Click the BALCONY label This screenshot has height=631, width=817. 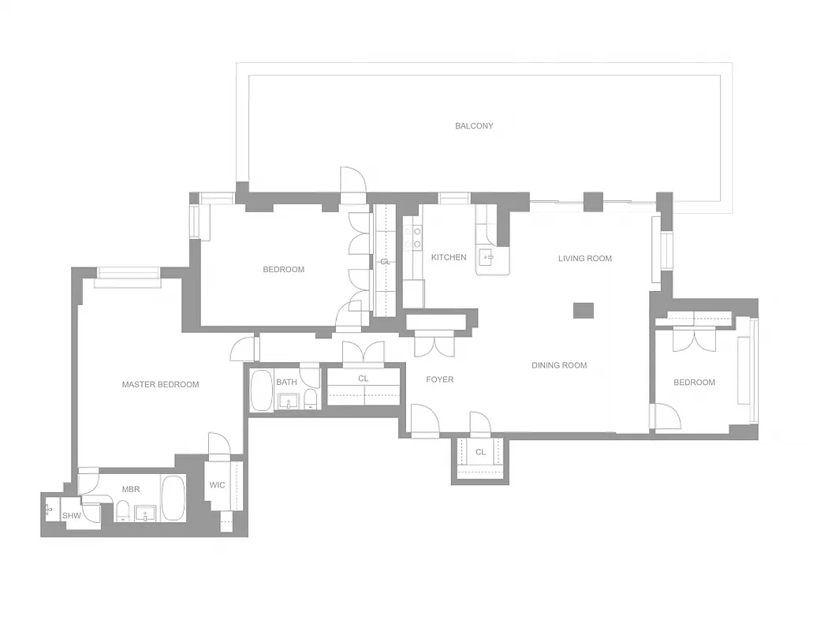click(474, 125)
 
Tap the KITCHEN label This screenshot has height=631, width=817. click(448, 257)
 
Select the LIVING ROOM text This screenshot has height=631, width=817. click(584, 258)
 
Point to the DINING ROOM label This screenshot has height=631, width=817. click(559, 365)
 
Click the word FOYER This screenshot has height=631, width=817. click(439, 379)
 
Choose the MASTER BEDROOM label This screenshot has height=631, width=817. click(160, 385)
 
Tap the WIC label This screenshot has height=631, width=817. click(217, 485)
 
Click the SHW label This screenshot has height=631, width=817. click(72, 515)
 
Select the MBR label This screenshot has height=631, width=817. click(131, 489)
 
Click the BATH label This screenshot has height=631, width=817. click(286, 383)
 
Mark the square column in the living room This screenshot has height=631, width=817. click(583, 310)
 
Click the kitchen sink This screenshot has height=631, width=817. click(489, 256)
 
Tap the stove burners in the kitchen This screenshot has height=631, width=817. click(412, 237)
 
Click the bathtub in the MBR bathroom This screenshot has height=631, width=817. click(173, 498)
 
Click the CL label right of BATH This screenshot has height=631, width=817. click(363, 379)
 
